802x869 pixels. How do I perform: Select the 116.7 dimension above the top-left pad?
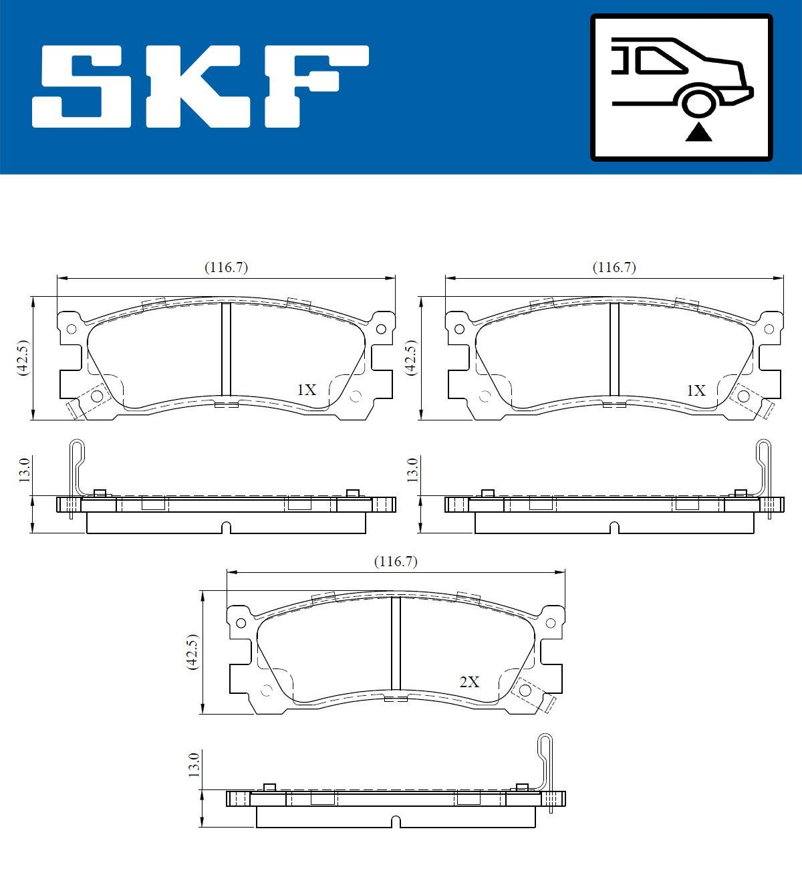[x=226, y=267]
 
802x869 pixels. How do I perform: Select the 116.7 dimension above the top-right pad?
[x=614, y=267]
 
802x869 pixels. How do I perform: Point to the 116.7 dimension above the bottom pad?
[x=396, y=562]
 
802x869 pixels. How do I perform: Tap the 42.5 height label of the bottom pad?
[x=193, y=652]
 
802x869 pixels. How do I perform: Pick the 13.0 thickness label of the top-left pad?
[x=24, y=471]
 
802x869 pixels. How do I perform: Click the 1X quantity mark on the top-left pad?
[x=307, y=390]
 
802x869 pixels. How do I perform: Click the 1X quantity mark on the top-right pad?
[x=696, y=390]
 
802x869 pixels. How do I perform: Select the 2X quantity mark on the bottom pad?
[x=469, y=682]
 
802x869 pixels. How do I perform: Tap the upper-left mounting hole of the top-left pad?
[x=71, y=328]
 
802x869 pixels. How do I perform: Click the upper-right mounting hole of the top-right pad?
[x=769, y=328]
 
